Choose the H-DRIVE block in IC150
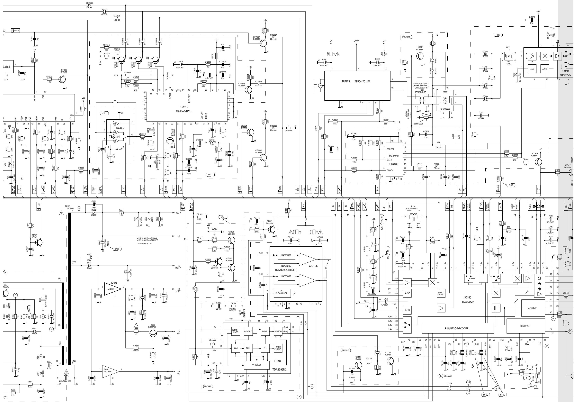click(x=526, y=326)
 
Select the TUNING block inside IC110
click(x=256, y=365)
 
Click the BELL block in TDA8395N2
click(x=248, y=348)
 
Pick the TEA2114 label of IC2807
click(x=118, y=137)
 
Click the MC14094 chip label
click(x=394, y=156)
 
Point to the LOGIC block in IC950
click(x=544, y=69)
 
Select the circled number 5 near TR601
click(x=79, y=208)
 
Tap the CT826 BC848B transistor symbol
click(x=62, y=79)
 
